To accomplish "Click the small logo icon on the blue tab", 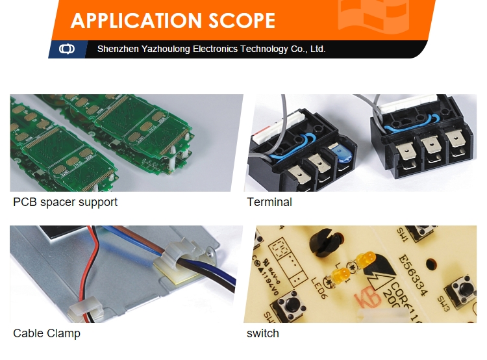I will (67, 49).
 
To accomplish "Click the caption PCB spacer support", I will (65, 202).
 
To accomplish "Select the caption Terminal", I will (269, 202).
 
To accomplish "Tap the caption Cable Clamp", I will (47, 333).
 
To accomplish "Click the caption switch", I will (263, 333).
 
